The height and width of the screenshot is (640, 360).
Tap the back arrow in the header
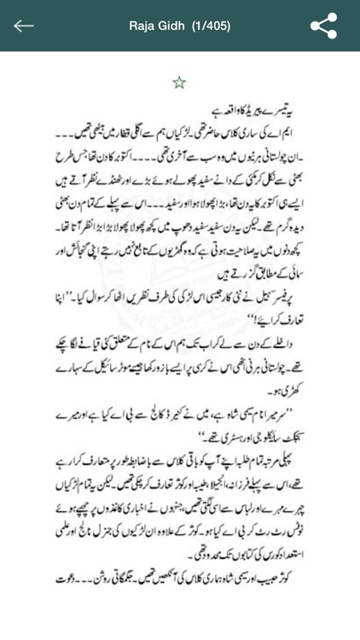(23, 25)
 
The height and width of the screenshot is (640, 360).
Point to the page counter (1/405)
(214, 25)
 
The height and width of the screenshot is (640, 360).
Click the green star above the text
(179, 83)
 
